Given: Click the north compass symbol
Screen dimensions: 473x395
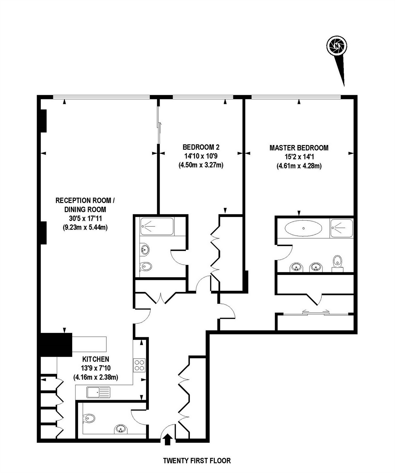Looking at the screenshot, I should coord(337,46).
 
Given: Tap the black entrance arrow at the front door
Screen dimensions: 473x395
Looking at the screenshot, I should coord(167,439).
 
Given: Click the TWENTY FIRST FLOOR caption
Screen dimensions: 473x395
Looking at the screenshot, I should coord(197,461).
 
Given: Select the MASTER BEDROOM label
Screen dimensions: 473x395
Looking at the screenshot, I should coord(299,148).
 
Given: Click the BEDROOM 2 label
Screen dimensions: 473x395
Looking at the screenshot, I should coord(201,147).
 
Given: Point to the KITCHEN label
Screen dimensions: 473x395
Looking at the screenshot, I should coord(96,359).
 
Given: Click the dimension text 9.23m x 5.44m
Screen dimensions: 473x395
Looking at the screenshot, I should coord(85,227).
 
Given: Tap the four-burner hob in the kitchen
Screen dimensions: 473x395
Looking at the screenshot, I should coord(139,365).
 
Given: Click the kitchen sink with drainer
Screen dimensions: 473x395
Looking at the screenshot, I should coord(98,392).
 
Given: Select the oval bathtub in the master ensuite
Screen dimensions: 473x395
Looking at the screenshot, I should coord(303,228).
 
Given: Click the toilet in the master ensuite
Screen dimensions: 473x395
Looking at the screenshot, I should coord(337,262).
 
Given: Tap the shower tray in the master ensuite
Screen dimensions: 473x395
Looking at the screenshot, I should coord(341,228).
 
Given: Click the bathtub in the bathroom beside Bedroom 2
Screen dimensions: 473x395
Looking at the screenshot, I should coord(157,226).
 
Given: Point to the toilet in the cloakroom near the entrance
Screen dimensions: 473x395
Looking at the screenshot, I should coord(90,419).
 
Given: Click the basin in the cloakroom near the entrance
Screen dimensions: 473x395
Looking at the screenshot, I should coord(120,429).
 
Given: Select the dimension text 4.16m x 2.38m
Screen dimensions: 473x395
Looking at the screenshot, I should coord(96,377).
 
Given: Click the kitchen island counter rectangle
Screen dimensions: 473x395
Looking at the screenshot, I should coord(89,344).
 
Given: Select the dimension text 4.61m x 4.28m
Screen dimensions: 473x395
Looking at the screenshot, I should coord(299,166).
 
